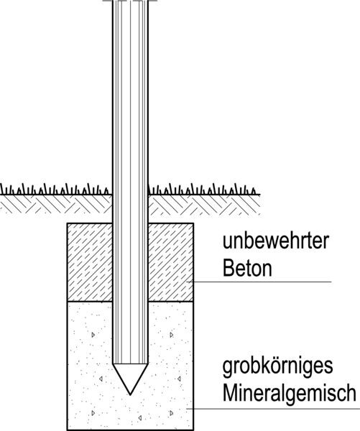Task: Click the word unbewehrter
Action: pyautogui.click(x=276, y=241)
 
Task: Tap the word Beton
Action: pyautogui.click(x=247, y=268)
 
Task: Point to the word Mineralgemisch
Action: pyautogui.click(x=290, y=393)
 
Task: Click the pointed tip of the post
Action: pyautogui.click(x=130, y=394)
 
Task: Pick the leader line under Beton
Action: pyautogui.click(x=259, y=282)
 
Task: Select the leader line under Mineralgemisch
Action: pyautogui.click(x=273, y=409)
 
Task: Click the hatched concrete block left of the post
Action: pyautogui.click(x=90, y=262)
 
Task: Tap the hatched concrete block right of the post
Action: pyautogui.click(x=171, y=262)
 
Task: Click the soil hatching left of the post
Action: pyautogui.click(x=56, y=205)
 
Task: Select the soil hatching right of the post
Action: pyautogui.click(x=204, y=205)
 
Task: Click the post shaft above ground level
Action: pyautogui.click(x=130, y=96)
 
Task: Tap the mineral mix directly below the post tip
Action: pyautogui.click(x=130, y=412)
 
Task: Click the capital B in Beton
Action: pyautogui.click(x=228, y=268)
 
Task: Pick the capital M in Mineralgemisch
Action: pyautogui.click(x=230, y=393)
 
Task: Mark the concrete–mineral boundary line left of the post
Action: pyautogui.click(x=90, y=301)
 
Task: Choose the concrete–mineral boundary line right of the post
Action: pyautogui.click(x=171, y=301)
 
